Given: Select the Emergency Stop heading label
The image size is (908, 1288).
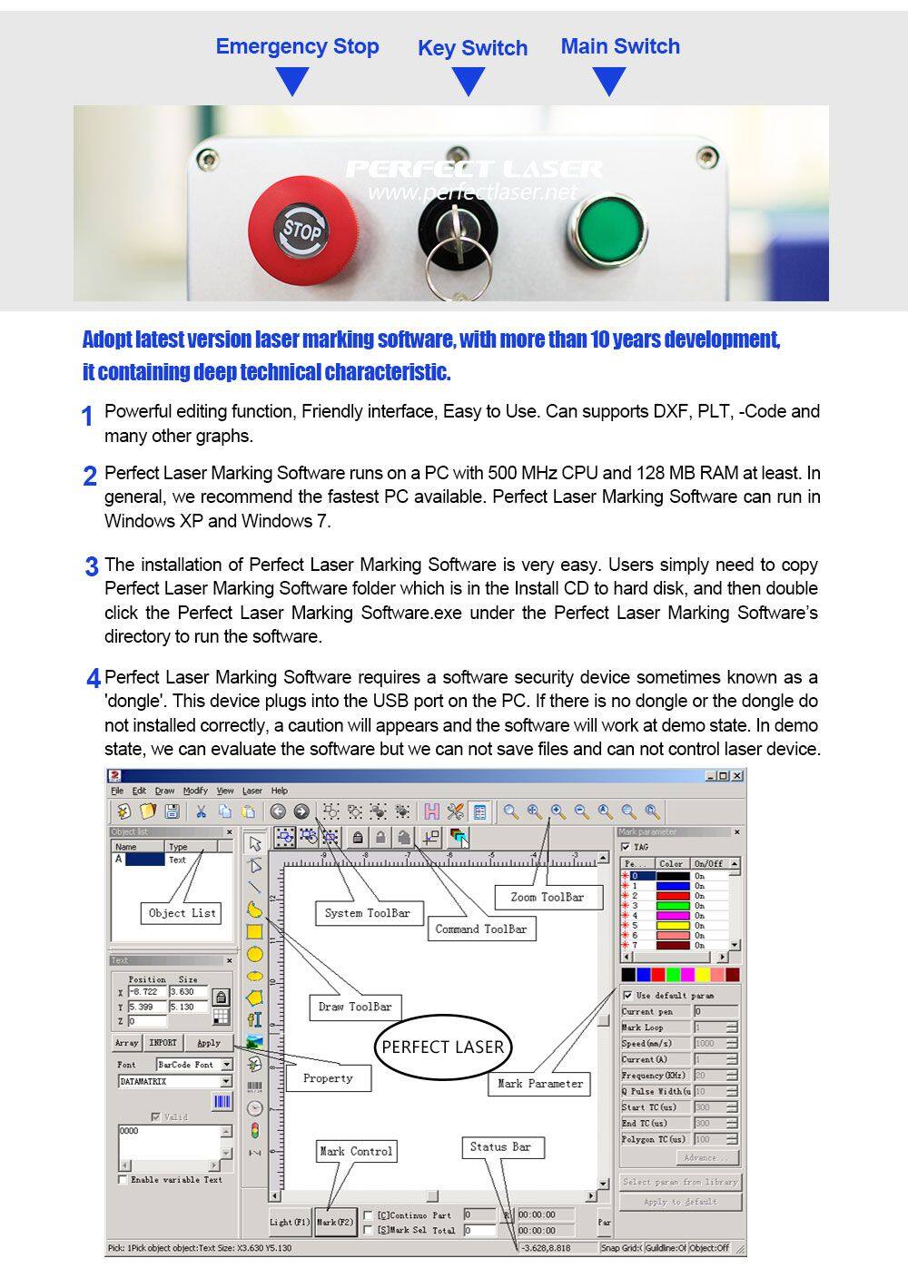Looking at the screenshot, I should click(x=297, y=46).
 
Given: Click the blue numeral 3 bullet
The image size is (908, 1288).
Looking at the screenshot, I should click(x=92, y=567).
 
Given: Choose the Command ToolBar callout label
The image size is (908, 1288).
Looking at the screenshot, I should click(x=480, y=929).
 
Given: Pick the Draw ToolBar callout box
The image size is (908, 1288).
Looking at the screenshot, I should click(x=355, y=1007).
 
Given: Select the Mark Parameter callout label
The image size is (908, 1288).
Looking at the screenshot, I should click(x=540, y=1083).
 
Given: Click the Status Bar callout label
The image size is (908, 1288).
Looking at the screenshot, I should click(x=499, y=1146).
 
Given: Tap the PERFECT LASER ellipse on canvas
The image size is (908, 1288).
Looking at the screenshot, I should click(x=442, y=1047).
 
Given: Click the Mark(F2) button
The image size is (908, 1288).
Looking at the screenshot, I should click(x=334, y=1222).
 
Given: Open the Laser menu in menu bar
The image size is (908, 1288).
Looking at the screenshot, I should click(x=252, y=791).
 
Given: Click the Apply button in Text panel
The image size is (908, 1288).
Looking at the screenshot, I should click(x=209, y=1043).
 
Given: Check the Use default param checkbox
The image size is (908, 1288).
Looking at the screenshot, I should click(x=627, y=996).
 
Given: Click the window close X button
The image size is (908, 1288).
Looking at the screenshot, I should click(x=737, y=776).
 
